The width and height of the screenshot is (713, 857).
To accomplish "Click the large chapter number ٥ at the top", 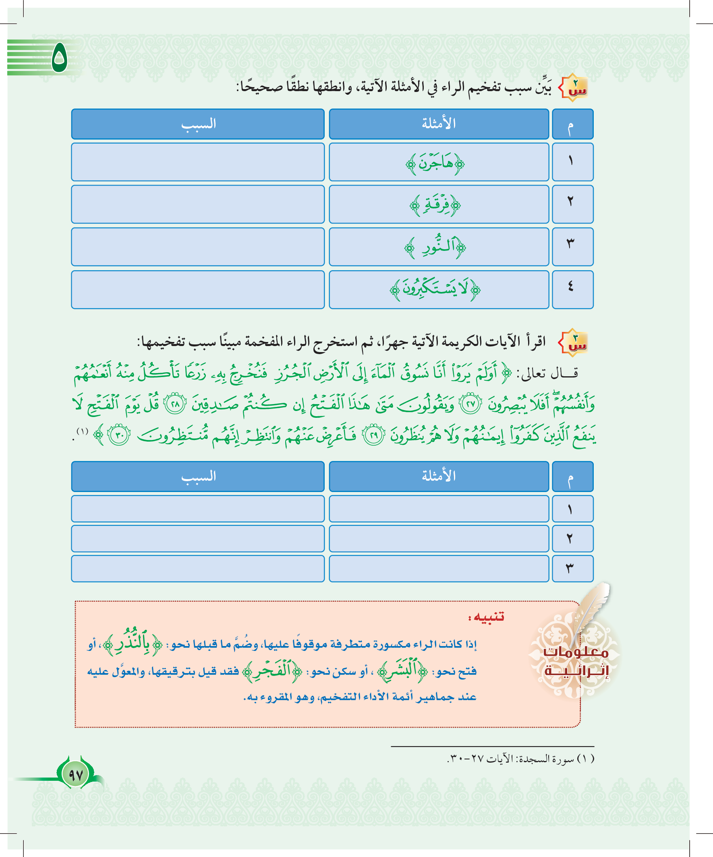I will click(60, 58).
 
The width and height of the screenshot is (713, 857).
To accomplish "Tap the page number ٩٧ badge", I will click(76, 774).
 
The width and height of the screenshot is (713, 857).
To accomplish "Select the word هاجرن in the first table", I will click(435, 164).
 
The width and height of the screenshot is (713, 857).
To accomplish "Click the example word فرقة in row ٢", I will click(435, 205).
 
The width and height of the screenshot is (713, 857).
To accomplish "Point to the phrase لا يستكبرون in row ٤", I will click(435, 289).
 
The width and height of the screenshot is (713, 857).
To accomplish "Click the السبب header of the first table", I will click(198, 124).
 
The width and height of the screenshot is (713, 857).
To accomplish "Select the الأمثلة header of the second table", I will click(439, 476).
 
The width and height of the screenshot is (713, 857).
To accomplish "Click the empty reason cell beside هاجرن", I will click(198, 162).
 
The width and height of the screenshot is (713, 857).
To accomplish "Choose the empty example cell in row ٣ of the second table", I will click(439, 568).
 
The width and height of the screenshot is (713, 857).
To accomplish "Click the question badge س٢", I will click(574, 88).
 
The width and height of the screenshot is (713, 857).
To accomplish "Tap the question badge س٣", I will click(574, 342).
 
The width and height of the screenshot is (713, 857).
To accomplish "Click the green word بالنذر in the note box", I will click(132, 644).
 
